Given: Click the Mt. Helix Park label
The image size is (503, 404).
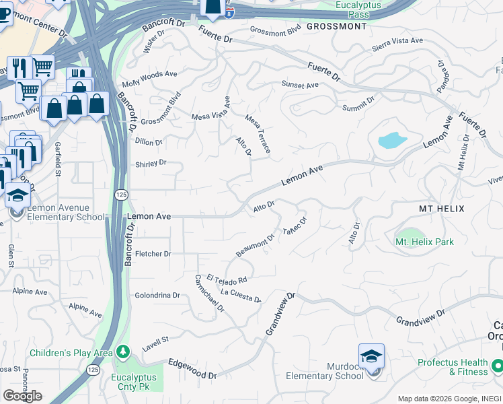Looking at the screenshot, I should [424, 242].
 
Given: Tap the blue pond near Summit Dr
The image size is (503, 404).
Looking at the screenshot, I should [391, 140].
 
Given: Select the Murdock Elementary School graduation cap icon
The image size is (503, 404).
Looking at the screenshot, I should [372, 357].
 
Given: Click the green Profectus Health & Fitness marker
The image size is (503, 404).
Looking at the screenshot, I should [497, 366].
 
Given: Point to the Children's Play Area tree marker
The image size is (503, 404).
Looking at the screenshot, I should [122, 352].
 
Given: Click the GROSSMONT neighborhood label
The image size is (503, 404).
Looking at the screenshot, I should [336, 26].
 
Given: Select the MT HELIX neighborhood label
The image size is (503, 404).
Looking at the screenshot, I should [441, 209].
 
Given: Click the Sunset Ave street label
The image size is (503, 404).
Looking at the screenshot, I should [300, 86].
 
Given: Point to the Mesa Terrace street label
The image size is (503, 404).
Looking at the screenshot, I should [258, 133].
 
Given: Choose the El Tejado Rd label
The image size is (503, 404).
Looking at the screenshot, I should [227, 279].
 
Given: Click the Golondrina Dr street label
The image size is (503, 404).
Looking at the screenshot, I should [157, 295].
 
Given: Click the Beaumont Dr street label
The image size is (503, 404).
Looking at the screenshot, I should [256, 245].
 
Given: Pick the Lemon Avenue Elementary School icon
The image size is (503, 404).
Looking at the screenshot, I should [17, 196].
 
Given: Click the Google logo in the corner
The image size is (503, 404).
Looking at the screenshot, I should [22, 396].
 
